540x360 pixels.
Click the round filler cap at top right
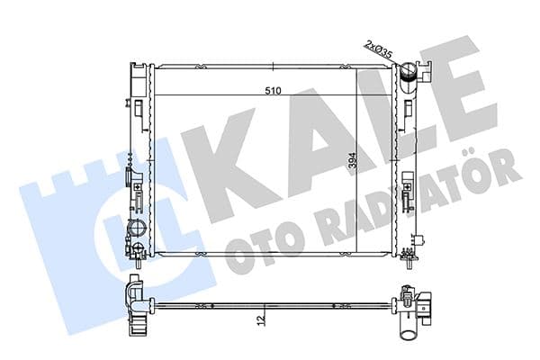[407, 71]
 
